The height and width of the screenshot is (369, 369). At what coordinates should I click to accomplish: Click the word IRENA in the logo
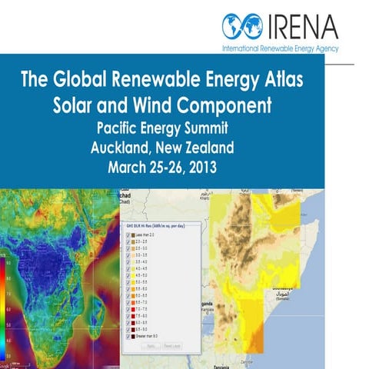[x=304, y=26]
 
